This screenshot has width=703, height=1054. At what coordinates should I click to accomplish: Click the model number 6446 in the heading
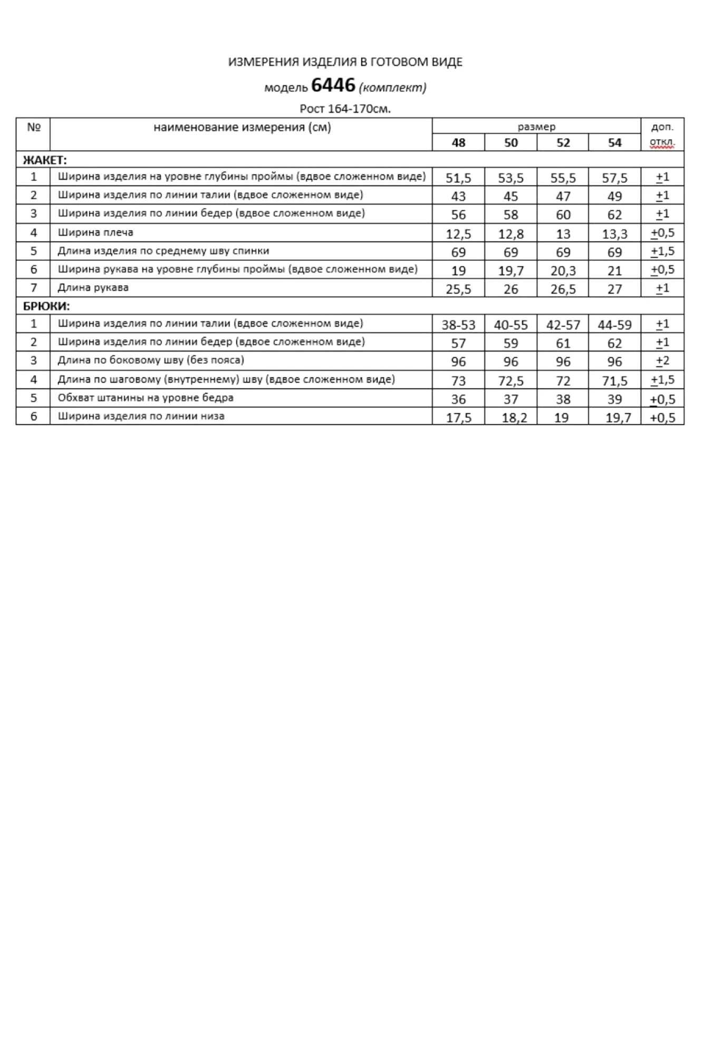click(333, 85)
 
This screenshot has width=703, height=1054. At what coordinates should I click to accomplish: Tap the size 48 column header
click(458, 143)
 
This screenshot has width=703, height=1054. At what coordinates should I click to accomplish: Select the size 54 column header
click(614, 143)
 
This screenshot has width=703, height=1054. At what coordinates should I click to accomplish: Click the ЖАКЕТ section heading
click(45, 160)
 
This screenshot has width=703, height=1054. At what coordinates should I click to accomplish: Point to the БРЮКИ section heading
click(46, 306)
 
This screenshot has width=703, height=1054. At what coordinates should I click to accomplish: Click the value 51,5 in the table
click(458, 178)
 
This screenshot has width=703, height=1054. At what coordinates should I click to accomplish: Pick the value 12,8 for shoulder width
click(511, 234)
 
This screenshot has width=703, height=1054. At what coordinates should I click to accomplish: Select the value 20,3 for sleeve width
click(563, 271)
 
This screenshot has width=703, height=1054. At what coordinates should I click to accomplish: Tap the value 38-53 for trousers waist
click(458, 325)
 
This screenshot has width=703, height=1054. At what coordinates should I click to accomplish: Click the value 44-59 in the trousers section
click(614, 325)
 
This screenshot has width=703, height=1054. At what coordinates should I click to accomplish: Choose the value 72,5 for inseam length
click(511, 380)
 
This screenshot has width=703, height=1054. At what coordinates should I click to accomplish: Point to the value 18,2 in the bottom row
click(514, 418)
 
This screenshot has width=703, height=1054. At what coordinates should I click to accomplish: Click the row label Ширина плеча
click(95, 232)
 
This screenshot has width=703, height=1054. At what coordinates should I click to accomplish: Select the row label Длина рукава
click(93, 288)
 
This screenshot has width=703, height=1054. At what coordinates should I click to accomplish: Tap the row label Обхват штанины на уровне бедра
click(146, 398)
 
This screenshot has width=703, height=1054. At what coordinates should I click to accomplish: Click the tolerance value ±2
click(662, 362)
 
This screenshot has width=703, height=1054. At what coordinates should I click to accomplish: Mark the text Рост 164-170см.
click(345, 109)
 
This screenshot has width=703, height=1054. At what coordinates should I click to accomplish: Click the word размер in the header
click(536, 127)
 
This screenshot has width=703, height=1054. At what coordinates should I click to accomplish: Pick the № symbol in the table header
click(34, 127)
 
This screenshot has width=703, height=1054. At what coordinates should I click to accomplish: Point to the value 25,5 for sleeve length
click(458, 289)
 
